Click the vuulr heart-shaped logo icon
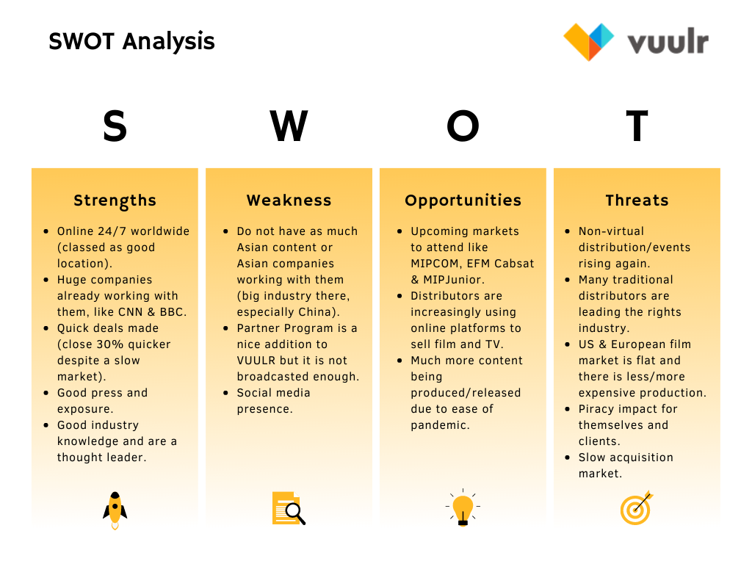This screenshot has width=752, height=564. (588, 42)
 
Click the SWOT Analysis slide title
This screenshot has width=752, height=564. (132, 42)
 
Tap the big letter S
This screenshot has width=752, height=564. (115, 126)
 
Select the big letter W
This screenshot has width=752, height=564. (289, 126)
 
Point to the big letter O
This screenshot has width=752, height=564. (463, 126)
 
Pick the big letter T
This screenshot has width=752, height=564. (637, 126)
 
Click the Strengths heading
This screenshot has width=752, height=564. (115, 200)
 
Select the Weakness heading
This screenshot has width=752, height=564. (289, 200)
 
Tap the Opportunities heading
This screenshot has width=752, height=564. (463, 200)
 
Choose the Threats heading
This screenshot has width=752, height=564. (637, 200)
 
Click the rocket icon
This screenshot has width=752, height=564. (115, 510)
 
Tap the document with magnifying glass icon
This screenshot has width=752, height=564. (289, 508)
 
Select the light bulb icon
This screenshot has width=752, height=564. (463, 508)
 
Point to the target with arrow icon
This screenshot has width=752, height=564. (637, 508)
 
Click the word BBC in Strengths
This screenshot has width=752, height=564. (172, 312)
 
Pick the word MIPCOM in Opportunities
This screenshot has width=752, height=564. (435, 264)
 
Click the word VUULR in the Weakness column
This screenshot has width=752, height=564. (256, 361)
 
